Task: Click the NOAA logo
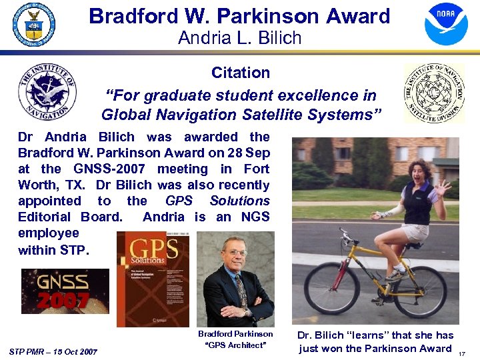446,23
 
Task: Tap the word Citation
241,73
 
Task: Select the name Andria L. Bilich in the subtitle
240,38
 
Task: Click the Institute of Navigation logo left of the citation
47,91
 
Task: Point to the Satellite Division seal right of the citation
435,93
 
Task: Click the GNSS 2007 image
65,291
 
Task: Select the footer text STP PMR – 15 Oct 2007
54,351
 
